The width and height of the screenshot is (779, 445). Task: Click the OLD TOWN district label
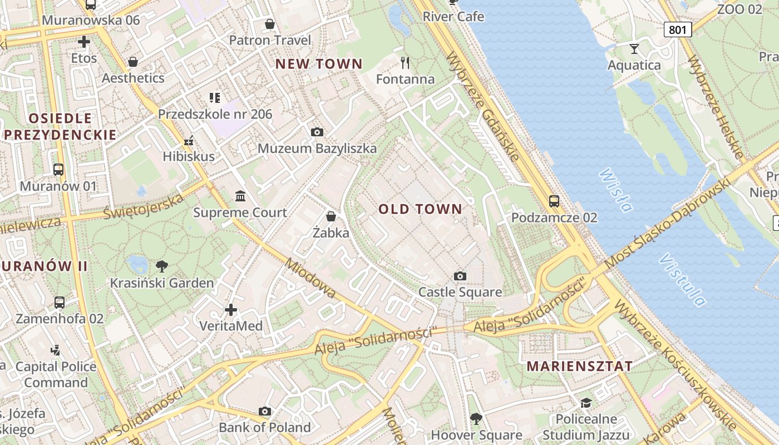tap(420, 209)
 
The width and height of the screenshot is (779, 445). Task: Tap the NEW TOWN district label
tap(319, 64)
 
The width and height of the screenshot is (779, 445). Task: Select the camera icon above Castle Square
tap(460, 276)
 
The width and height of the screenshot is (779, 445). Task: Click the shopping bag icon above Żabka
tap(331, 216)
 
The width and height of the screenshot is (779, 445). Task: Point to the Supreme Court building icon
tap(240, 196)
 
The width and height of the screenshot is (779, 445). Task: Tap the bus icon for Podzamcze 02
tap(554, 201)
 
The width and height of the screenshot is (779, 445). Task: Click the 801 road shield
tap(677, 29)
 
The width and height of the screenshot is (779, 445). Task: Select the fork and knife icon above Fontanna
tap(405, 62)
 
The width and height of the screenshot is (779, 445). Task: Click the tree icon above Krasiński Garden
tap(161, 266)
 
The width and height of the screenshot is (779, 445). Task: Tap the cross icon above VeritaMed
tap(231, 309)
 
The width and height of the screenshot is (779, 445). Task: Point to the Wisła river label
tap(616, 191)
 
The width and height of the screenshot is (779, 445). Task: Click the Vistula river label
tap(682, 280)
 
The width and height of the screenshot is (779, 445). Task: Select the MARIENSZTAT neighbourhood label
tap(579, 366)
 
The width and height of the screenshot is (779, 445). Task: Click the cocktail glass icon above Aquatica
tap(634, 49)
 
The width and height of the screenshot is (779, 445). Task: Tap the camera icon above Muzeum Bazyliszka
tap(317, 132)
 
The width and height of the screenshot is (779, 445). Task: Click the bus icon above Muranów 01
tap(58, 170)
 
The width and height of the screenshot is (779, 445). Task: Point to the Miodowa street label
tap(311, 278)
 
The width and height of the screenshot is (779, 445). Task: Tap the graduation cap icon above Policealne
tap(586, 403)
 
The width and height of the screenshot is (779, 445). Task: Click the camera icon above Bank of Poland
tap(265, 412)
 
